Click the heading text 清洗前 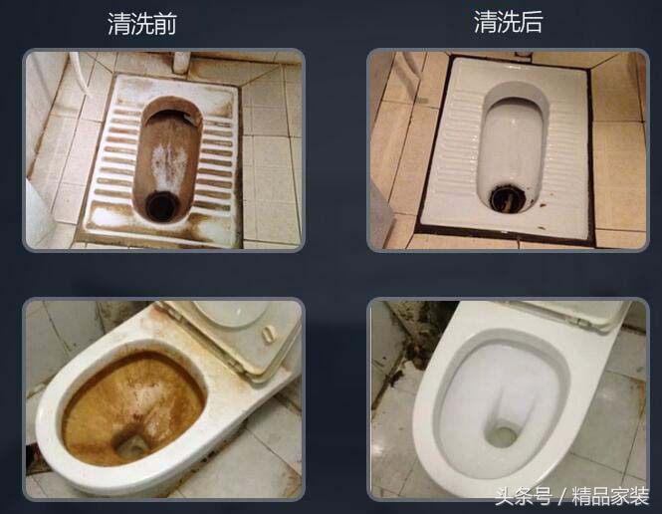142,24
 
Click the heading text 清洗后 508,23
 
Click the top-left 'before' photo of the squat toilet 162,149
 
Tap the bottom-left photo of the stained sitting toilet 162,398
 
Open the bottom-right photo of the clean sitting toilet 508,398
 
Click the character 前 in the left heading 165,24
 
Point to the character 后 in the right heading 531,23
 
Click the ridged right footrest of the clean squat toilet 562,149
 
